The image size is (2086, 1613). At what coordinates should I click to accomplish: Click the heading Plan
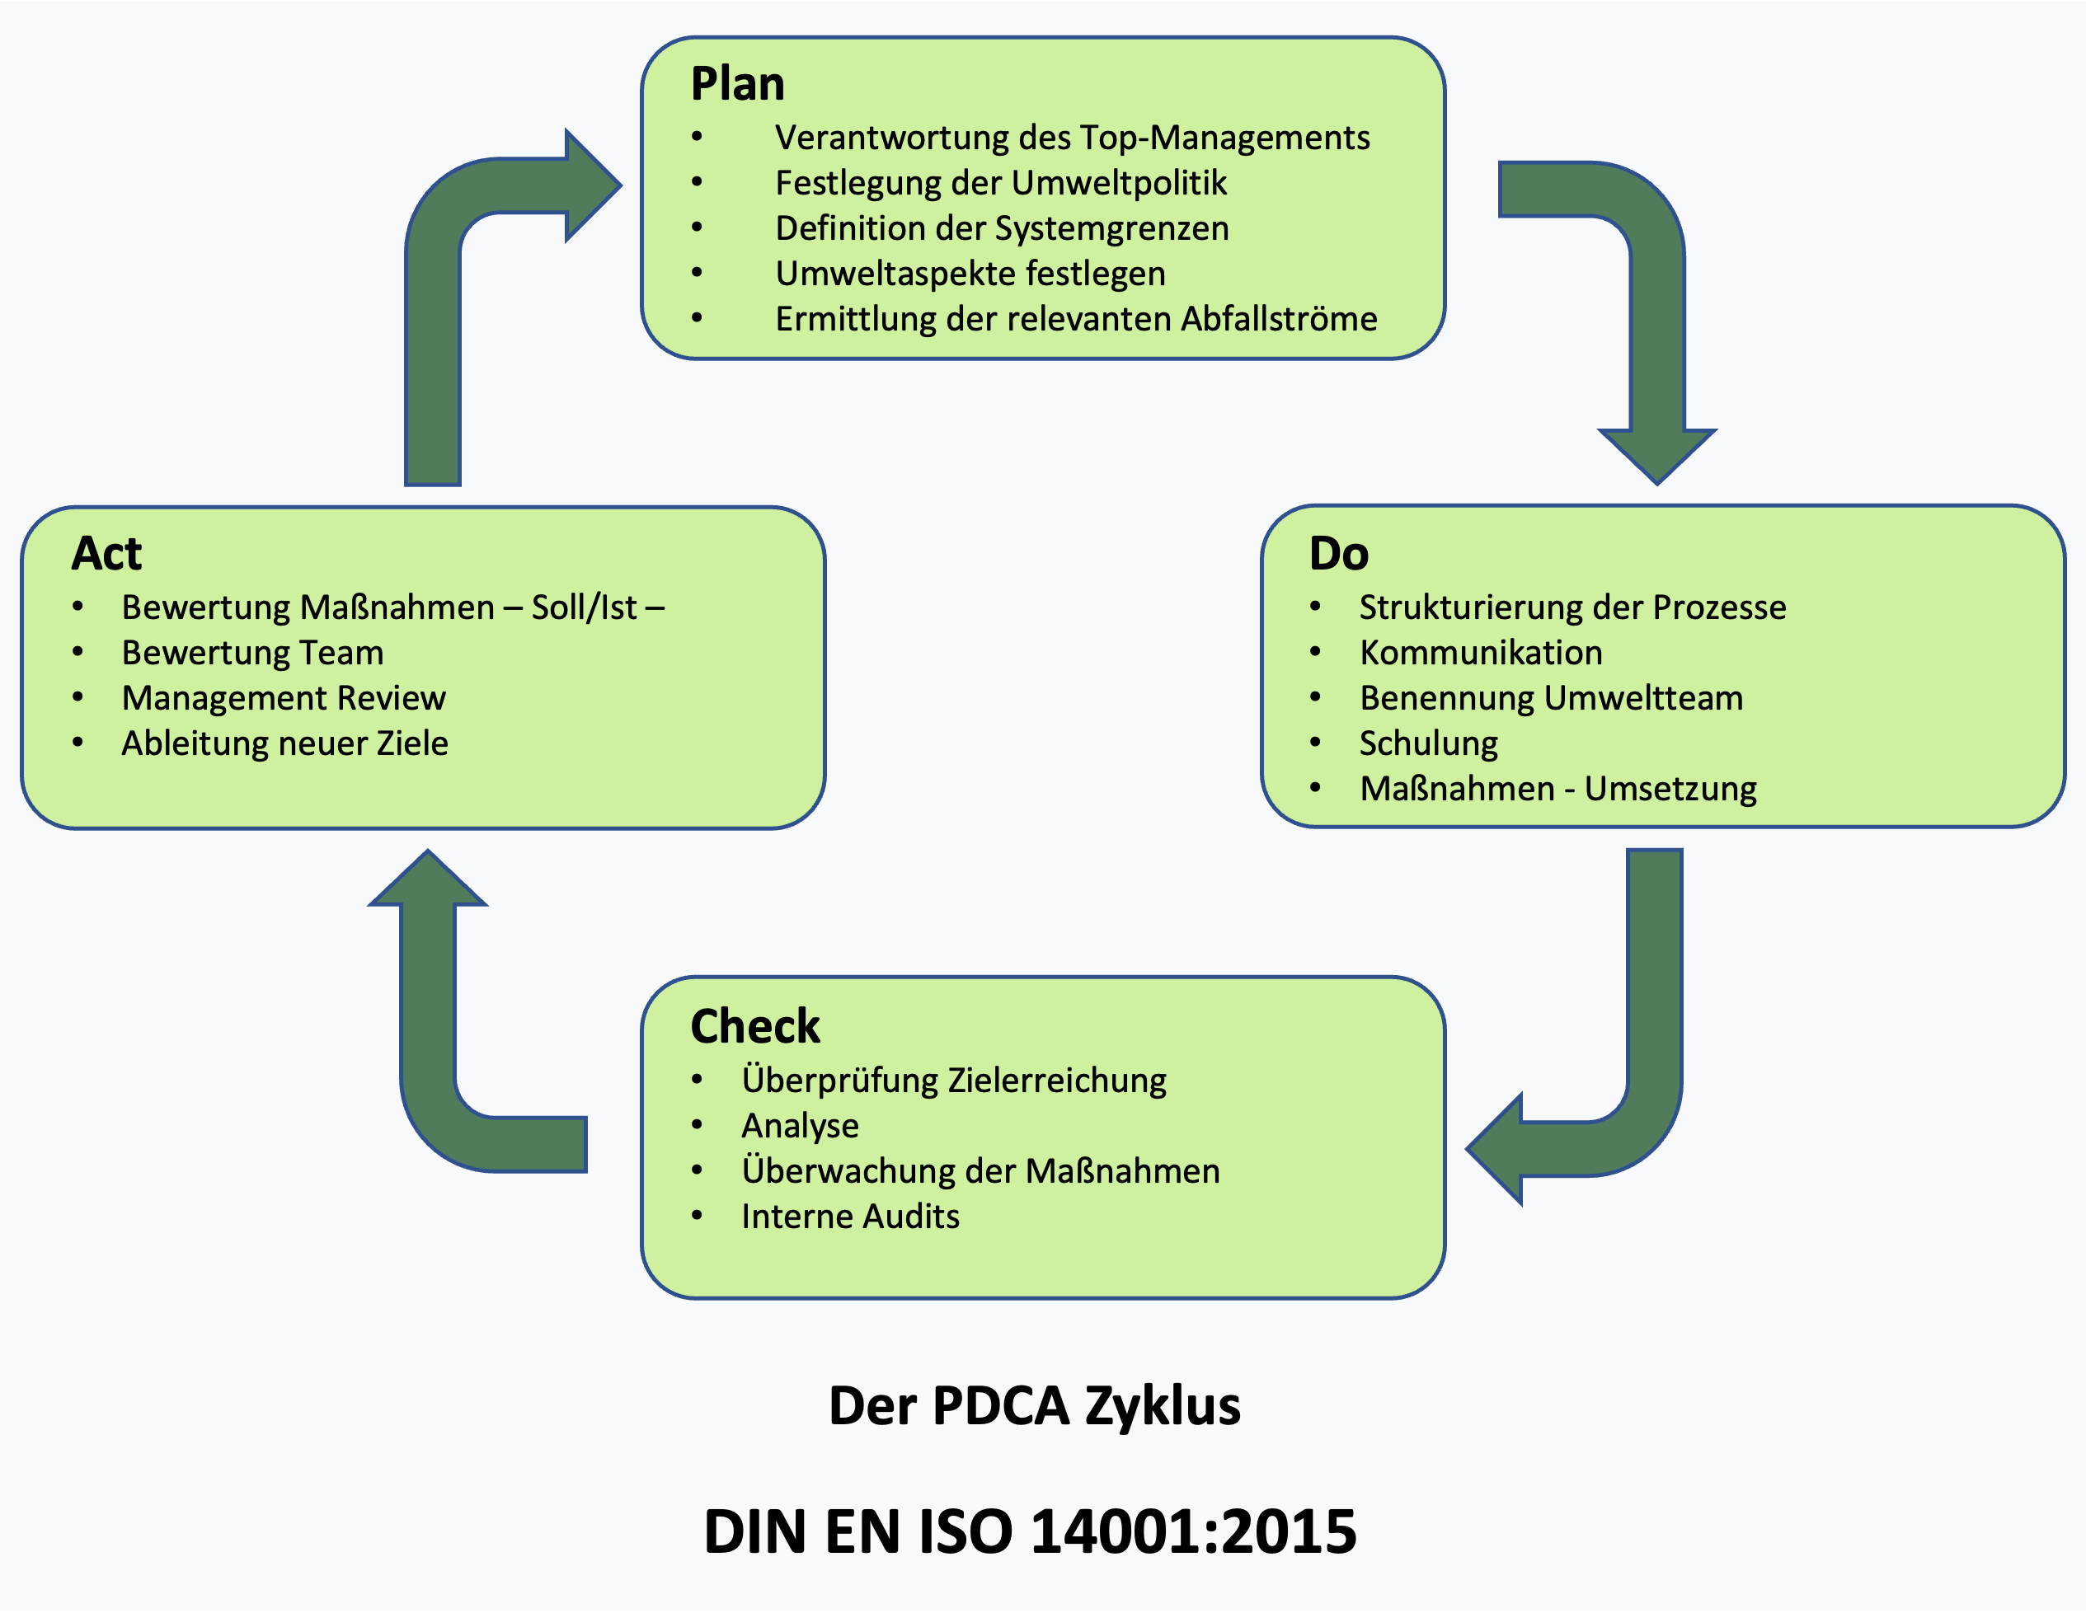point(737,84)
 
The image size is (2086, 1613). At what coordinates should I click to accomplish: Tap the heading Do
point(1338,554)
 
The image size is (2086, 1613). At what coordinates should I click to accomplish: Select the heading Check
point(754,1027)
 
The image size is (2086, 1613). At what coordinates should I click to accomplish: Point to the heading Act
point(106,554)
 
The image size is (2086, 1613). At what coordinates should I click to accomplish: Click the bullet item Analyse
point(800,1126)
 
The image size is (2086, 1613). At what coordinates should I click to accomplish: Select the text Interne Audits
point(850,1217)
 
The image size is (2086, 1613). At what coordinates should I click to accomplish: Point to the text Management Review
point(284,698)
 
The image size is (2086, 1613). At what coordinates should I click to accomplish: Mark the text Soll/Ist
point(584,607)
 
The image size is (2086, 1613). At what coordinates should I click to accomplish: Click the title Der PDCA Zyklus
point(1035,1406)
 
